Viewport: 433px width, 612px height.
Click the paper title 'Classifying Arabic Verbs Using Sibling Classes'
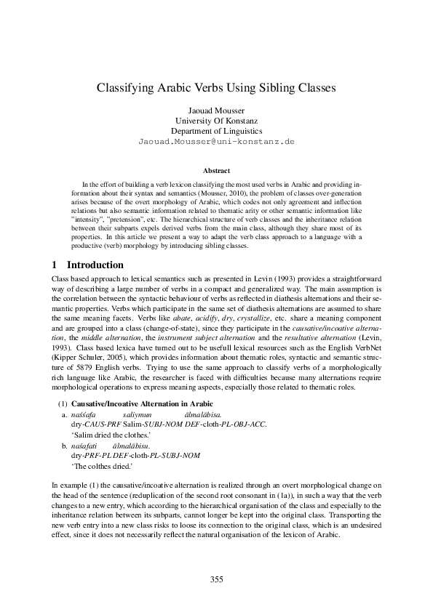[216, 89]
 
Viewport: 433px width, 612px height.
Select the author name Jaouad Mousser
[216, 108]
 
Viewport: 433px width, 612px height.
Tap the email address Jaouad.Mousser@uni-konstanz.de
[216, 141]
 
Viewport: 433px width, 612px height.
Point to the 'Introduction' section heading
[95, 265]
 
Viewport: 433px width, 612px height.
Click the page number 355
[216, 579]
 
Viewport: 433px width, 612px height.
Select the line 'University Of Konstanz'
[216, 119]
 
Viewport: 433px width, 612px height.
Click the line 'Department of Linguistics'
[216, 130]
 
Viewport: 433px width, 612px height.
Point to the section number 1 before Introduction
[56, 265]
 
